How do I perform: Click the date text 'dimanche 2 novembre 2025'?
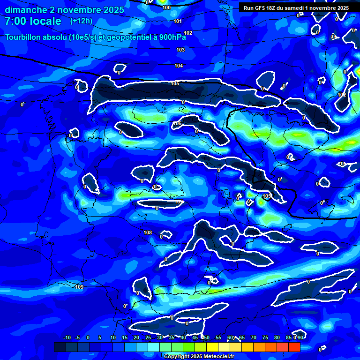(64, 10)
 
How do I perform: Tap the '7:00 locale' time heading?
(33, 21)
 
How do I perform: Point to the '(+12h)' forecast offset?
(81, 21)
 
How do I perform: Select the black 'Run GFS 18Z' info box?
(296, 7)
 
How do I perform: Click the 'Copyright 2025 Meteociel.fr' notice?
(196, 356)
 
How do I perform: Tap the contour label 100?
(166, 7)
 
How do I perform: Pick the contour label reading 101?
(178, 21)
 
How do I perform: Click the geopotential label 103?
(180, 50)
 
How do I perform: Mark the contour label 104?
(179, 66)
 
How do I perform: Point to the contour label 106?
(177, 124)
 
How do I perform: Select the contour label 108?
(148, 232)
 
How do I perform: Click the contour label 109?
(79, 287)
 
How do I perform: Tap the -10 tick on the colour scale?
(67, 337)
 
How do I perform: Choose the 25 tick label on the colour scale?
(148, 337)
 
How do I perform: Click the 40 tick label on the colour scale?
(183, 337)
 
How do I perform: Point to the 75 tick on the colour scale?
(265, 337)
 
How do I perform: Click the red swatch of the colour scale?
(294, 347)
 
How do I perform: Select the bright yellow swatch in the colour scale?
(212, 347)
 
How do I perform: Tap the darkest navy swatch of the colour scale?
(60, 347)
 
